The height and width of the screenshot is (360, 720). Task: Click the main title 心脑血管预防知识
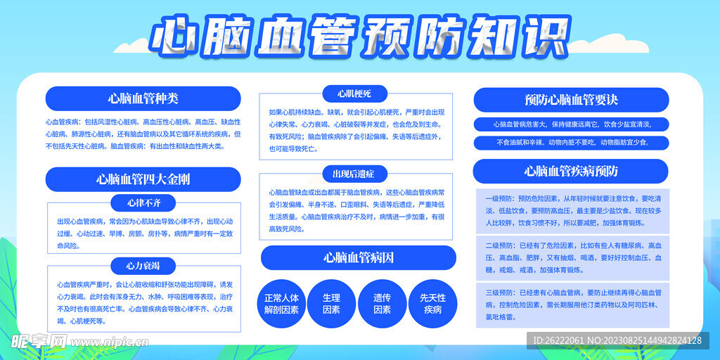click(x=360, y=39)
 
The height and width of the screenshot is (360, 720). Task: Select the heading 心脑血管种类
click(x=143, y=98)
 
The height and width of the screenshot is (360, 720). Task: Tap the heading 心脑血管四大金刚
click(x=143, y=179)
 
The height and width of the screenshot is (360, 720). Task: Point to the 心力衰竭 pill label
click(x=143, y=265)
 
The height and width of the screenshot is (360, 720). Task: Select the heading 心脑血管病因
click(x=359, y=257)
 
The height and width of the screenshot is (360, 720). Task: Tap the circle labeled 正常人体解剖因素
click(x=281, y=303)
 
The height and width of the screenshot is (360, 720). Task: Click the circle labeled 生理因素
click(x=331, y=303)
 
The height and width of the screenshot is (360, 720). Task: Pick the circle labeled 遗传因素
click(x=382, y=303)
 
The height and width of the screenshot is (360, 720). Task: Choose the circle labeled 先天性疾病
click(x=432, y=303)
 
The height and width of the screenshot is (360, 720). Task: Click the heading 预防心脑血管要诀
click(x=571, y=100)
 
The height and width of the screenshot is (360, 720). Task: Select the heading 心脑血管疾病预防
click(x=571, y=171)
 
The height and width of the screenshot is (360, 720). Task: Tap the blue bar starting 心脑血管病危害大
click(x=571, y=124)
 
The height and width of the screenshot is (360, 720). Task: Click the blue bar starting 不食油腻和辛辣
click(x=571, y=143)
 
